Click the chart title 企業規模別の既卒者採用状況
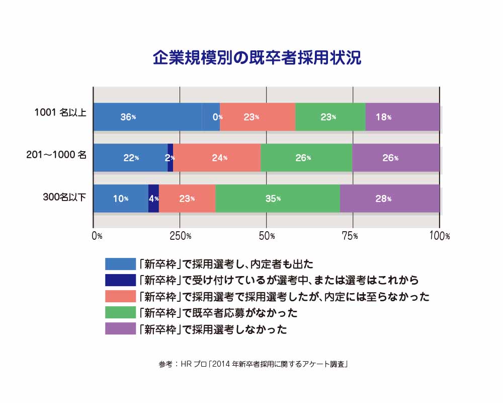(257, 58)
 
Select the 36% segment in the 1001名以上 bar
(147, 117)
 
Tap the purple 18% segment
(402, 117)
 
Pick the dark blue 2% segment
(171, 158)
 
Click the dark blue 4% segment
(153, 198)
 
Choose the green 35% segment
(278, 198)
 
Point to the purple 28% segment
(390, 198)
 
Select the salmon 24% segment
(217, 158)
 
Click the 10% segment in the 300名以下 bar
(121, 198)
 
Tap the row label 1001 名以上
(60, 112)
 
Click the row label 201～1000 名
(56, 155)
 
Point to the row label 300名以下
(64, 196)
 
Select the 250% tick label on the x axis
(180, 236)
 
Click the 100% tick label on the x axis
(440, 236)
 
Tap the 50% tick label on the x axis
(267, 236)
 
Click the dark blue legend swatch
(120, 280)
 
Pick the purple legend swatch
(120, 328)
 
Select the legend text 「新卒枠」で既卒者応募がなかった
(218, 313)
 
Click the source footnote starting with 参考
(254, 364)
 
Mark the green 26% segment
(306, 158)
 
